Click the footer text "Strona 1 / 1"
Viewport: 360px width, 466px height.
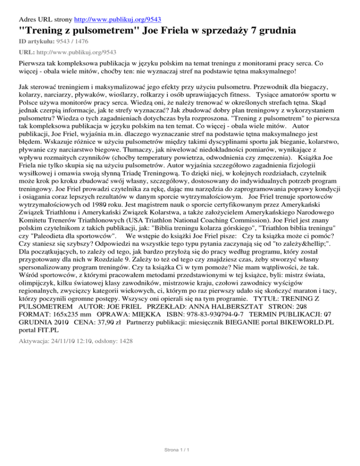coord(180,450)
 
